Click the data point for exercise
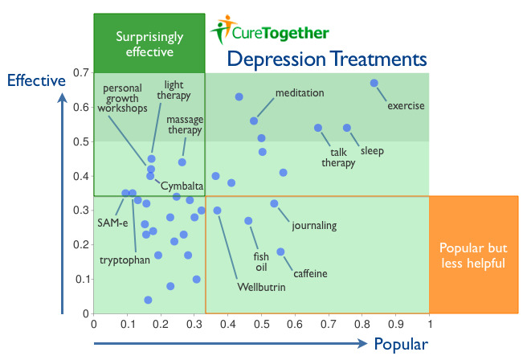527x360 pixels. coord(374,83)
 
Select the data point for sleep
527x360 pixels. coord(347,128)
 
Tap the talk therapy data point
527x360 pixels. coord(318,128)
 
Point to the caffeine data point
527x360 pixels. coord(280,252)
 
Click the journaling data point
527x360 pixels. coord(274,203)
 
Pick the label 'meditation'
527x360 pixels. coord(300,93)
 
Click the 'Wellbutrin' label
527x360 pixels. coord(261,287)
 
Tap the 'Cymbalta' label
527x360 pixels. coord(182,187)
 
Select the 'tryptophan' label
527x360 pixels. coord(125,260)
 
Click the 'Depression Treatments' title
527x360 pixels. coord(326,59)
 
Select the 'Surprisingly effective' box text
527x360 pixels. coord(149,44)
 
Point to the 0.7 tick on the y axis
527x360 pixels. coord(80,73)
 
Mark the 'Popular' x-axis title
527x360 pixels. coord(400,345)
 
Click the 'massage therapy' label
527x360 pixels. coord(184,125)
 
